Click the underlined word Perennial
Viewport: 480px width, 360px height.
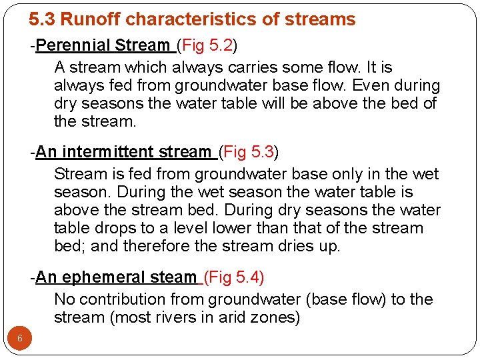tap(73, 45)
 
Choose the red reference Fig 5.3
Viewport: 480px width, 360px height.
tap(249, 152)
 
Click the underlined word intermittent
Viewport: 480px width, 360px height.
tap(123, 152)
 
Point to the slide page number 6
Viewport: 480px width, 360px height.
tap(20, 338)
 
